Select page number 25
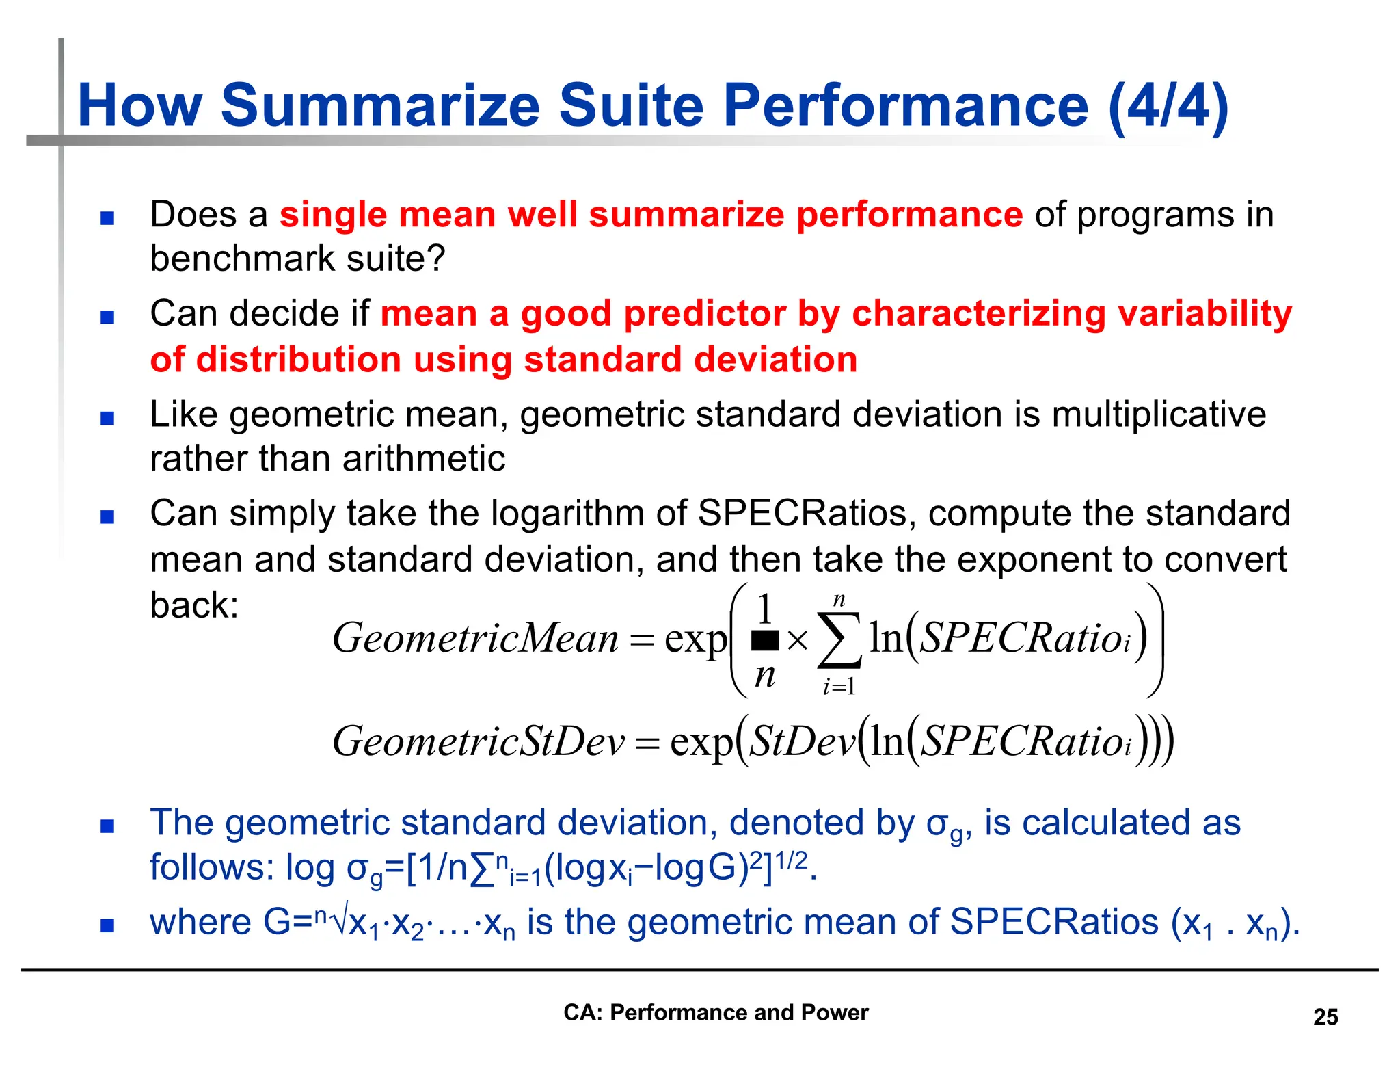point(1325,1017)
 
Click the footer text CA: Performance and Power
point(715,1012)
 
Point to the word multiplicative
point(1158,414)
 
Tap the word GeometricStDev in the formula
point(479,741)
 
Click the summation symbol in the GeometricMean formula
point(839,640)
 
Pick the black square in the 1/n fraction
point(765,640)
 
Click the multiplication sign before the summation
point(797,641)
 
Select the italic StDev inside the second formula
point(802,741)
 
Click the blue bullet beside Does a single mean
point(107,218)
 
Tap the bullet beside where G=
point(107,925)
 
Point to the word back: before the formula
point(194,605)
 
